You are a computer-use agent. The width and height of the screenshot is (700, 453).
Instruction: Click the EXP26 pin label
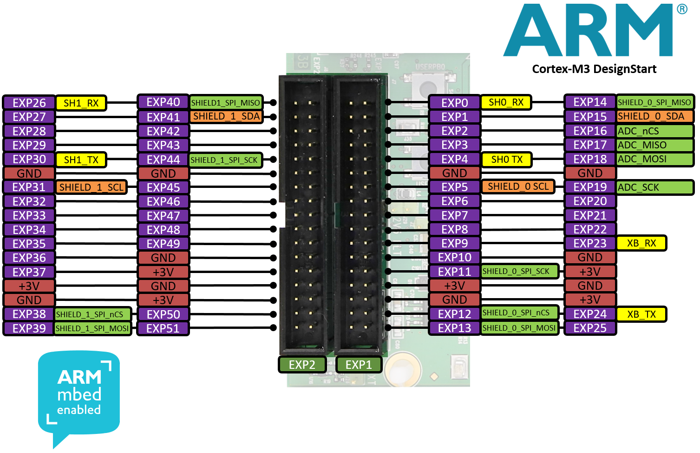[x=29, y=103]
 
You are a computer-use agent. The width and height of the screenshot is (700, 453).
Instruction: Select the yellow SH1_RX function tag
[x=81, y=103]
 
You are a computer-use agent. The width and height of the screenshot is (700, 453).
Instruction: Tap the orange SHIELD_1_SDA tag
[x=226, y=116]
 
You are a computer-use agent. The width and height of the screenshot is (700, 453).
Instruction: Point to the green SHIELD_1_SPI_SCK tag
[x=225, y=160]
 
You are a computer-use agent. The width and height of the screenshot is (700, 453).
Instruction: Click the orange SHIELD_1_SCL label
[x=92, y=187]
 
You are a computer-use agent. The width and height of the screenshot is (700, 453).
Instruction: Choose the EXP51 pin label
[x=163, y=329]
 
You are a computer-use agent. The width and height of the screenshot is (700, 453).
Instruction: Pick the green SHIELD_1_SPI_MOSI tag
[x=92, y=329]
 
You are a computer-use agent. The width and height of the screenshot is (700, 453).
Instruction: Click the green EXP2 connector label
[x=302, y=365]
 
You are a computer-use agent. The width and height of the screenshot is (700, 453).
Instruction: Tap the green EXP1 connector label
[x=359, y=365]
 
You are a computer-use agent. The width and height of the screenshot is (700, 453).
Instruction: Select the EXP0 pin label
[x=454, y=103]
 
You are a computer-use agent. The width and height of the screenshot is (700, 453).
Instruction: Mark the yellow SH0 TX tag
[x=506, y=160]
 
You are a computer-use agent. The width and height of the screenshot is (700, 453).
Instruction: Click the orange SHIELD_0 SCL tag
[x=518, y=187]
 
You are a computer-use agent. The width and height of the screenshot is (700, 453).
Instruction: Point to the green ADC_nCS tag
[x=654, y=131]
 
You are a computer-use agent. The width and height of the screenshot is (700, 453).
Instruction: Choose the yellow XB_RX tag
[x=641, y=243]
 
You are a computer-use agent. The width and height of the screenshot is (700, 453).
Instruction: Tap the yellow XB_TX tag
[x=641, y=314]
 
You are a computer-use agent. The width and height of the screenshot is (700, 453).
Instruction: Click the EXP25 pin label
[x=590, y=328]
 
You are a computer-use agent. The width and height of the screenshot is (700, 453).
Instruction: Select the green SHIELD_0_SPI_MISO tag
[x=654, y=102]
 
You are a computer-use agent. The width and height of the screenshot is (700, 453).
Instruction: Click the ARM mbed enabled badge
[x=79, y=395]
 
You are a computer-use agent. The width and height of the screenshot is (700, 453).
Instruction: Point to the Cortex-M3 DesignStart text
[x=594, y=69]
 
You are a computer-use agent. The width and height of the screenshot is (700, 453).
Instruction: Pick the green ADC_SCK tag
[x=654, y=187]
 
